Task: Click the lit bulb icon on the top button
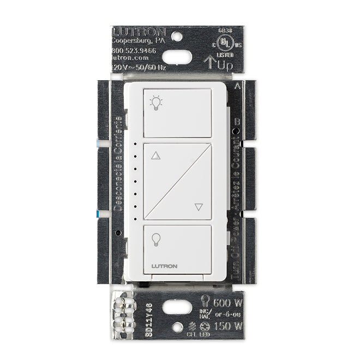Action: (157, 103)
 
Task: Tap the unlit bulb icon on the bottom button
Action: (157, 240)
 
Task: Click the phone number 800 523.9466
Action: (134, 51)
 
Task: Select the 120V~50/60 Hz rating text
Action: (134, 66)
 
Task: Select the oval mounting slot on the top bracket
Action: (177, 56)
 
